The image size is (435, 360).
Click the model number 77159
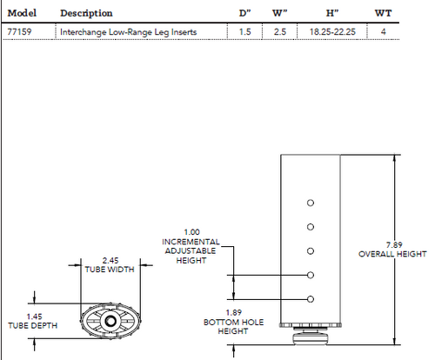coord(19,32)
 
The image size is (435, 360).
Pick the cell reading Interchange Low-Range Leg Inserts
coord(128,32)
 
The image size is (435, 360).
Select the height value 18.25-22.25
coord(331,32)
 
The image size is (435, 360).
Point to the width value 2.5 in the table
coord(279,32)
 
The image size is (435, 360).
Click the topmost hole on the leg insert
coord(311,203)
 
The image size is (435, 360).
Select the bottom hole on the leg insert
coord(311,300)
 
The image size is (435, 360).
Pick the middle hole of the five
coord(311,251)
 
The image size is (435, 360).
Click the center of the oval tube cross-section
coord(110,321)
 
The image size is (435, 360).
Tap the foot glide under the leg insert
coord(311,335)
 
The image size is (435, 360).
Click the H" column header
coord(331,13)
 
